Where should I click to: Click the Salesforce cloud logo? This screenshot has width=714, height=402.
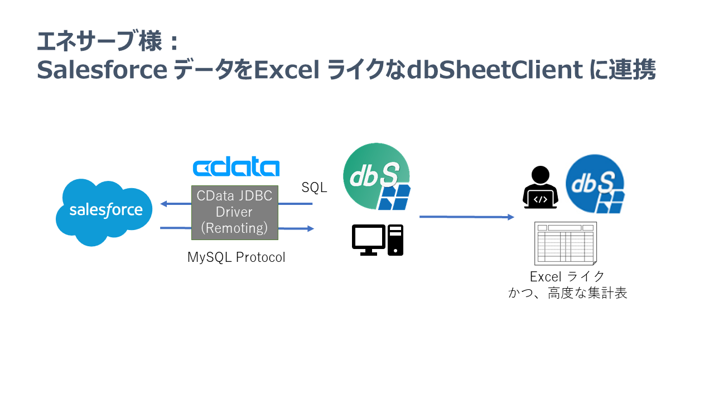point(105,211)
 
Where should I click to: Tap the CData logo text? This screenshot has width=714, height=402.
point(235,168)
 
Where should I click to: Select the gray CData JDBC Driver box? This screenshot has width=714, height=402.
point(235,213)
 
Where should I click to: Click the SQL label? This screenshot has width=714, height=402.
point(314,188)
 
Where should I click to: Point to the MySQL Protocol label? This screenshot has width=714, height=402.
point(236,257)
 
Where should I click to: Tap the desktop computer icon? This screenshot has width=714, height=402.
point(378,240)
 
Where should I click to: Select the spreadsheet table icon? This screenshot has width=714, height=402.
point(566,243)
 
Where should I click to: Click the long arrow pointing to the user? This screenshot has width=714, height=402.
point(466,217)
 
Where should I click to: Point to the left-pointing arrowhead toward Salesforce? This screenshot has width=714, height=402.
point(164,204)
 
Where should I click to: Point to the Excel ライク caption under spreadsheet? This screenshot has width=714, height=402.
point(567,276)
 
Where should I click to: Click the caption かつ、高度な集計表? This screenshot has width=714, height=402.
point(567,293)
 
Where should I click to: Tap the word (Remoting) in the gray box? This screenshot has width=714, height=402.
point(234,228)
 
